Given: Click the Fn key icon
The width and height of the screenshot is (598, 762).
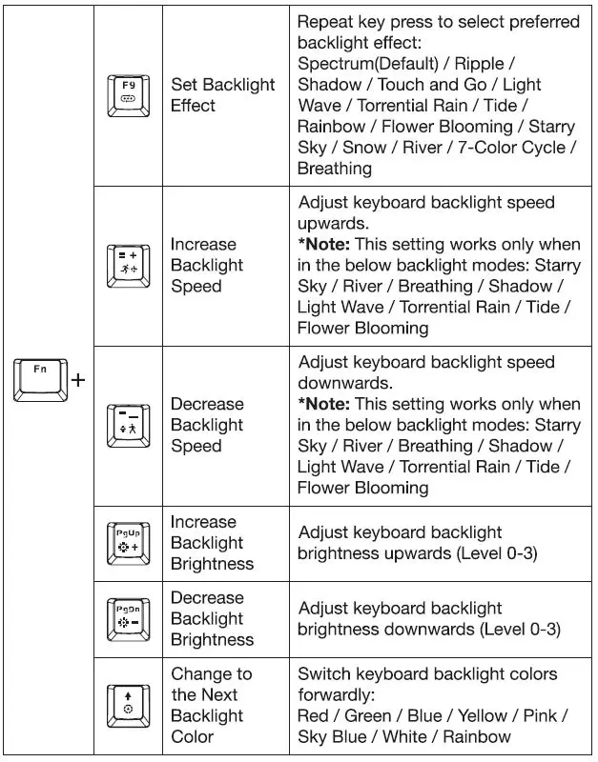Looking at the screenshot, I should coord(40,378).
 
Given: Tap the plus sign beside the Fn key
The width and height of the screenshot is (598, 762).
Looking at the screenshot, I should coord(77,379).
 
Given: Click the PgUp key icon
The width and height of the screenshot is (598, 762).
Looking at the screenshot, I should coord(128,542).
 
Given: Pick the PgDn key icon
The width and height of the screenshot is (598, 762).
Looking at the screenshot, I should coord(128,618).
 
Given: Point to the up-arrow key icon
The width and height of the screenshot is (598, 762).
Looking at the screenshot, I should coord(128,705).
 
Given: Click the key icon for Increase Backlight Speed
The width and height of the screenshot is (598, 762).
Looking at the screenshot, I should coord(128,266).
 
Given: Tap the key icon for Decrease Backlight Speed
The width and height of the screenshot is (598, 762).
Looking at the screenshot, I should coord(128,426).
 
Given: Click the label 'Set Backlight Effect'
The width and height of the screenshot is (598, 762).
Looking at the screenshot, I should coord(222,94).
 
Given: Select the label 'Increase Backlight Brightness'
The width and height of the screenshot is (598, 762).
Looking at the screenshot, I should coord(212,542).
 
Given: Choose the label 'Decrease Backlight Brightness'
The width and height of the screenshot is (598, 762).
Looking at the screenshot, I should coord(212,618).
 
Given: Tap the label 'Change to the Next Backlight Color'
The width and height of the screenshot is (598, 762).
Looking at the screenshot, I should coord(211,705).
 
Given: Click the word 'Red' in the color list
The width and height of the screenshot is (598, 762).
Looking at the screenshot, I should coord(314,715).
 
